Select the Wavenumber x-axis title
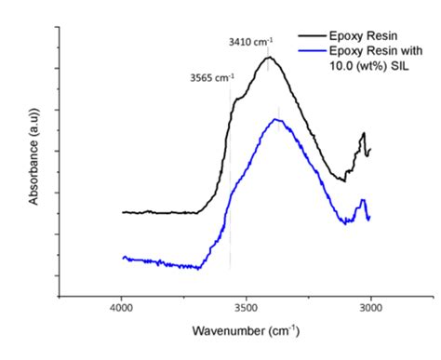[x=246, y=331]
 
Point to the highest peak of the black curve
[x=270, y=58]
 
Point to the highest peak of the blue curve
[x=277, y=120]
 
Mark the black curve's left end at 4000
[x=123, y=212]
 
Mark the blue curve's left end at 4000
[x=123, y=257]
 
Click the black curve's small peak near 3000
[x=364, y=134]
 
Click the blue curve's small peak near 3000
[x=364, y=200]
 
